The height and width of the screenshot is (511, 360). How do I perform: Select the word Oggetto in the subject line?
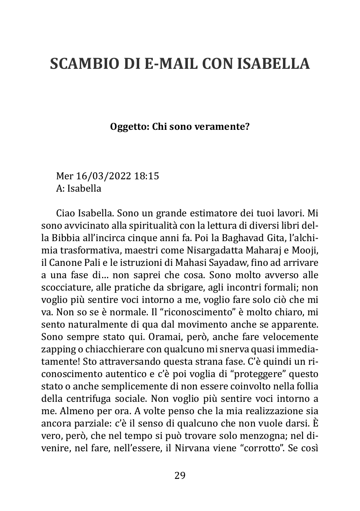[x=126, y=127]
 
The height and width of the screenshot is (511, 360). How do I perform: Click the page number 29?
[x=180, y=476]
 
